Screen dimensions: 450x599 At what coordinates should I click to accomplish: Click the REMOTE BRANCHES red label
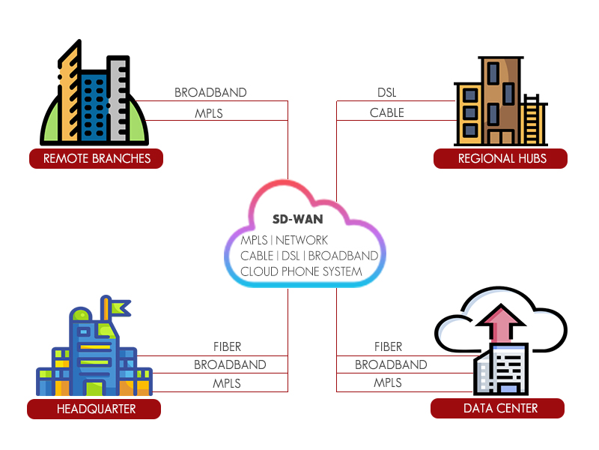pyautogui.click(x=97, y=158)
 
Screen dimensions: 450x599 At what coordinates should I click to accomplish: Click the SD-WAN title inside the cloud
pyautogui.click(x=297, y=220)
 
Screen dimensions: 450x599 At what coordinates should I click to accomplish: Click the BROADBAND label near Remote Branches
pyautogui.click(x=210, y=93)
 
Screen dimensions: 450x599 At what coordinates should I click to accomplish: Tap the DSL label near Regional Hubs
pyautogui.click(x=386, y=93)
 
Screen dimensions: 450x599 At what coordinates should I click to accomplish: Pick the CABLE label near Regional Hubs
pyautogui.click(x=386, y=113)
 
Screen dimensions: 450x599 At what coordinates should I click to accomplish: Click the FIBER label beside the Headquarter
pyautogui.click(x=227, y=346)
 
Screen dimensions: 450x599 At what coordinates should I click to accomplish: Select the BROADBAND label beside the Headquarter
pyautogui.click(x=230, y=364)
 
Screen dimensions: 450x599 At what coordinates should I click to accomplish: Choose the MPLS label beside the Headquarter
pyautogui.click(x=227, y=382)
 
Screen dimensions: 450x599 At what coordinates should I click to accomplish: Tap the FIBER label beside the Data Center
pyautogui.click(x=388, y=346)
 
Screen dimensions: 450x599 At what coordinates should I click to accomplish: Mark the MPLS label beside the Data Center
pyautogui.click(x=388, y=382)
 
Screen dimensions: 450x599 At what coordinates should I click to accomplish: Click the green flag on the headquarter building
pyautogui.click(x=120, y=307)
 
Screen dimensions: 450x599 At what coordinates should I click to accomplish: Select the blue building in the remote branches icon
pyautogui.click(x=94, y=105)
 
